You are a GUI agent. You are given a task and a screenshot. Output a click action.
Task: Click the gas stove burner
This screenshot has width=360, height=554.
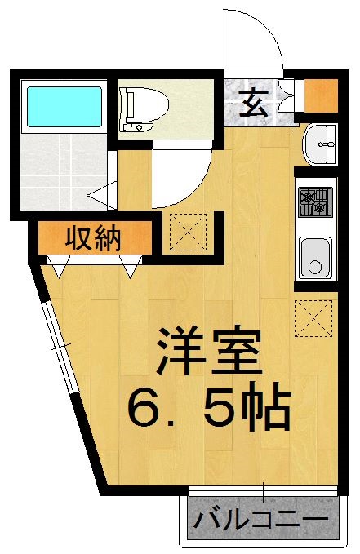(x=315, y=201)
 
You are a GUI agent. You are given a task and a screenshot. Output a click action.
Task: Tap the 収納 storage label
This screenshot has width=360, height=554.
(x=93, y=239)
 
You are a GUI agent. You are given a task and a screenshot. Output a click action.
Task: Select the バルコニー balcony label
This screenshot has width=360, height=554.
(x=262, y=520)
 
